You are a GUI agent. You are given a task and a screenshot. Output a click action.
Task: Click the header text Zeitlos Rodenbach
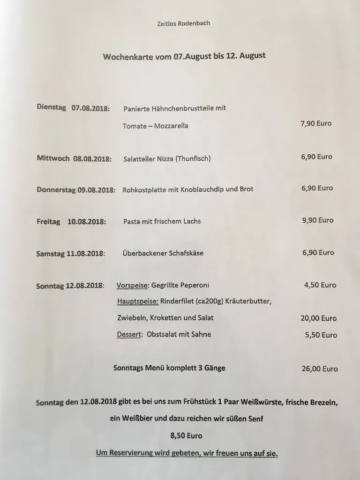[180, 23]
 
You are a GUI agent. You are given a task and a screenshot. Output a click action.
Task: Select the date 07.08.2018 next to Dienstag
[90, 108]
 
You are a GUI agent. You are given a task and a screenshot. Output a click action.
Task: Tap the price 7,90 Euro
[316, 124]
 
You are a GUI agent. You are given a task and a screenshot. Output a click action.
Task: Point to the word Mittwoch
[53, 158]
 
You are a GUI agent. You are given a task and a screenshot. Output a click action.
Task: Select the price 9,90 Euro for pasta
[318, 220]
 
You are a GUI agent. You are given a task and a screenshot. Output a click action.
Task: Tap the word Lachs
[191, 221]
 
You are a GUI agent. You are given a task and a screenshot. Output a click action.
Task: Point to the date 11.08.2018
[86, 254]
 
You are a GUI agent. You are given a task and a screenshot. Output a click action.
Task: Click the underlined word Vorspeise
[132, 285]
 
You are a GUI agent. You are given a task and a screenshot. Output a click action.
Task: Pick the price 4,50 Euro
[320, 285]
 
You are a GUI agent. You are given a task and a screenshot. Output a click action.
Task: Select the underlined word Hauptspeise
[137, 301]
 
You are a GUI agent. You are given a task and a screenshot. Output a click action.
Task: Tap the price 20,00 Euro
[318, 318]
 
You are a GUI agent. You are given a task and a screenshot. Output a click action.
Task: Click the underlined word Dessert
[129, 335]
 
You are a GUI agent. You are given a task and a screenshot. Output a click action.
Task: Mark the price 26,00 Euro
[320, 369]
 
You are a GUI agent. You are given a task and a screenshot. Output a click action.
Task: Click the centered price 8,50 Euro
[187, 436]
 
